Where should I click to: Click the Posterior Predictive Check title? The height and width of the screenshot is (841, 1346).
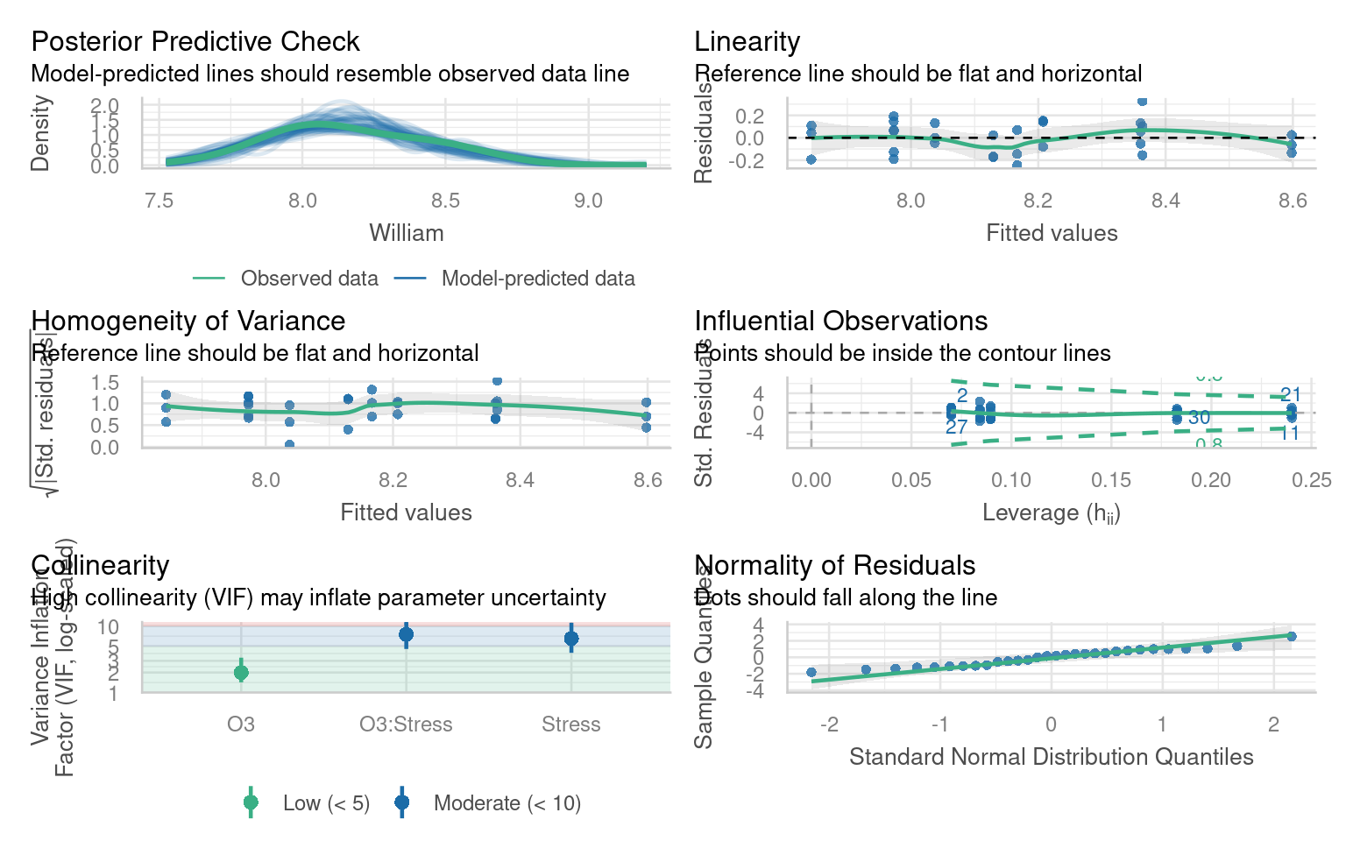pos(195,41)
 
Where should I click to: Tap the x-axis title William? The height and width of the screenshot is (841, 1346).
pos(407,233)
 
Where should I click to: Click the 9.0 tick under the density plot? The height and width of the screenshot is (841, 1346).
pos(588,201)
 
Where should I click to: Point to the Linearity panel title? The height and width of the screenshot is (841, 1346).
pos(747,41)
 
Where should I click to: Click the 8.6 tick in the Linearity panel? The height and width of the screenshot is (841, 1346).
pos(1293,201)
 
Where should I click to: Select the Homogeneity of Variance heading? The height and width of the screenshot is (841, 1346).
pos(188,321)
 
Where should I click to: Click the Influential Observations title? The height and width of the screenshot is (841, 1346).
pos(841,321)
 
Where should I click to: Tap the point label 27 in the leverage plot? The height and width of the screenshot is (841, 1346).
pos(956,427)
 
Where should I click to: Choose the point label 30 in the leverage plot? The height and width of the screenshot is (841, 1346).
pos(1199,418)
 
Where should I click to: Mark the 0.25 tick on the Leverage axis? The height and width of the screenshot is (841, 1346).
pos(1311,480)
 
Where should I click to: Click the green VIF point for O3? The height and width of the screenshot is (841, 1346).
pos(241,672)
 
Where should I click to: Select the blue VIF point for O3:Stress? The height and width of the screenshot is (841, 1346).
pos(406,634)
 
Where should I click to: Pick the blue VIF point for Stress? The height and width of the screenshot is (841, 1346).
pos(571,639)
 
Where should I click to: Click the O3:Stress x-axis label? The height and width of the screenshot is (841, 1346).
pos(406,724)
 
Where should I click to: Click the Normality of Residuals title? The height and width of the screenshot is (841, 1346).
pos(835,565)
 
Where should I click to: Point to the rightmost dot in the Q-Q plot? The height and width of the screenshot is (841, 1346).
pos(1291,636)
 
